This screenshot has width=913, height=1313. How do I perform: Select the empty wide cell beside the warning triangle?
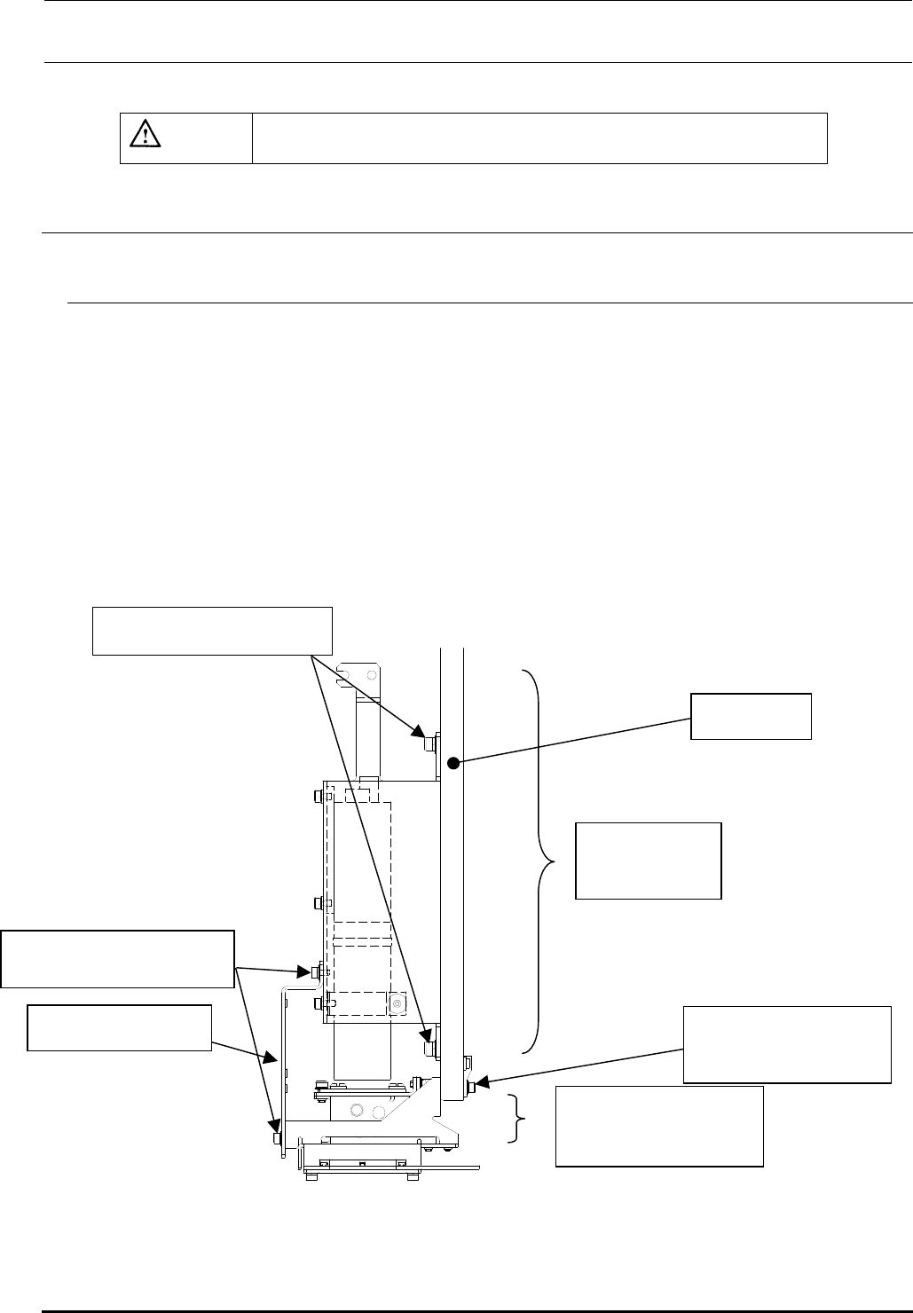539,138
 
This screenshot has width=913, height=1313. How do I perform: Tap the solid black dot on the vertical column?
452,762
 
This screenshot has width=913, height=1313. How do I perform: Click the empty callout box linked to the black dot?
751,717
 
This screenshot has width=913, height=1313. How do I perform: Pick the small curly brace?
516,1117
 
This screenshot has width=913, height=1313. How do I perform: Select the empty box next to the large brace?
649,861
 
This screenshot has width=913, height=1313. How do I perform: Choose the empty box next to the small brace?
658,1125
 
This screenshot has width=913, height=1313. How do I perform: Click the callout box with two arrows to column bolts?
212,631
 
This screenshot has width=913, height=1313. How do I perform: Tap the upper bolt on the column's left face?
430,743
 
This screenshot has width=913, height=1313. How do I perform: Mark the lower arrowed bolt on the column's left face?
430,1048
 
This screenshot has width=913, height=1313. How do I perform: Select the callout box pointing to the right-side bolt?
786,1044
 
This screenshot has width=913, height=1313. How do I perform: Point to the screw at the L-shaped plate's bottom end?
278,1138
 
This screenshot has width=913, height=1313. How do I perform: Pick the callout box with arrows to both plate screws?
118,958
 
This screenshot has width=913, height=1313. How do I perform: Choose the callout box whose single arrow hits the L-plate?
119,1027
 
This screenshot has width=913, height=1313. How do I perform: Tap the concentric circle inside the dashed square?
397,1003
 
